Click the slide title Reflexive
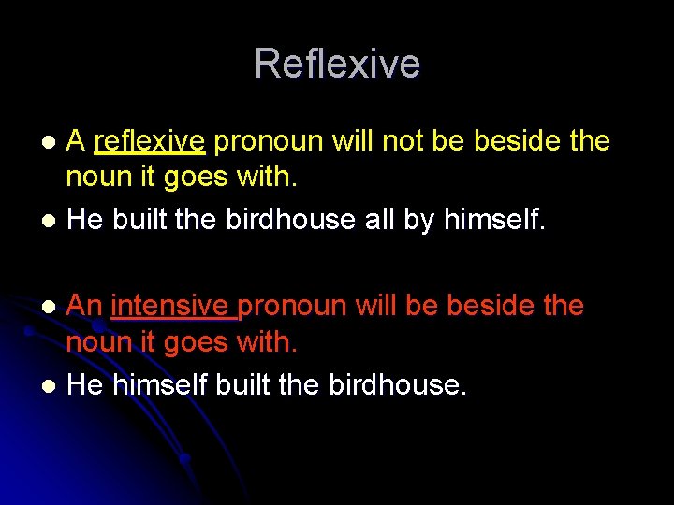337,64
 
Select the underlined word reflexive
149,141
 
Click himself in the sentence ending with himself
489,219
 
